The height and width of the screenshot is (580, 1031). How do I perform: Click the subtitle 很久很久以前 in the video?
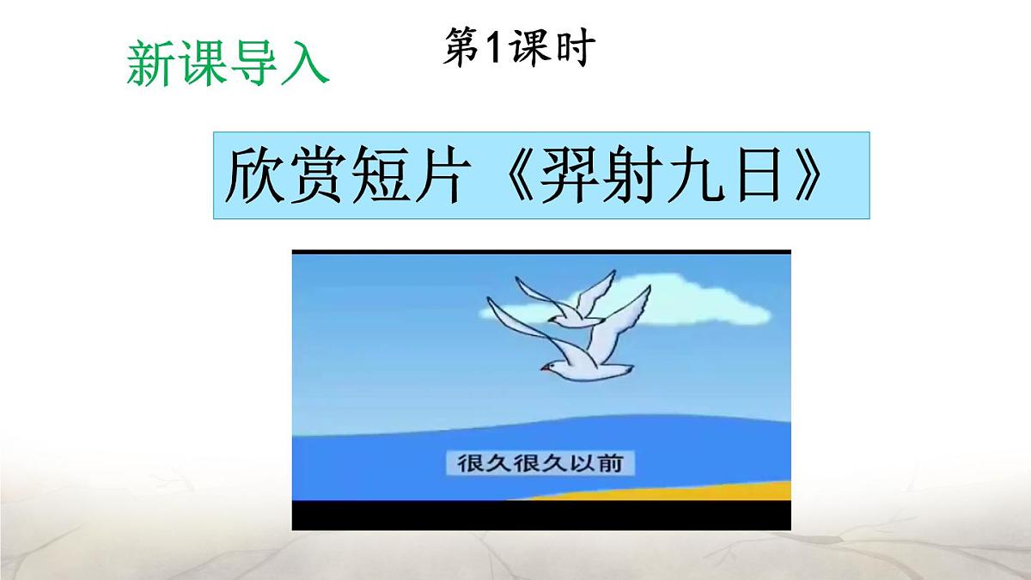(x=541, y=464)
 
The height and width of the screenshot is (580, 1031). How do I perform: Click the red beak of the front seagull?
(x=545, y=368)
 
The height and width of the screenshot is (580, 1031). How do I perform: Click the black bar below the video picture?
(x=541, y=515)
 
